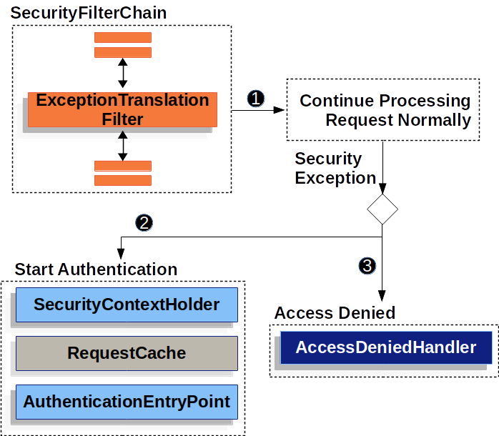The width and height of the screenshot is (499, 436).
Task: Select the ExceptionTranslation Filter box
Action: pos(122,109)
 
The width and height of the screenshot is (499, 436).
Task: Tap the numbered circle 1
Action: pos(255,99)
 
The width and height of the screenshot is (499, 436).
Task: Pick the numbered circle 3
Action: pos(367,266)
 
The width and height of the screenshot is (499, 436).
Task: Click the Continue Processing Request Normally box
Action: pos(383,110)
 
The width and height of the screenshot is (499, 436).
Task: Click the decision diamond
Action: pos(382,209)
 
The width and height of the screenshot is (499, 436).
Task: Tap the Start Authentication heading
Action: pos(96,269)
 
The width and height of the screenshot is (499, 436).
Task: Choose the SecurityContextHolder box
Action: pos(127,305)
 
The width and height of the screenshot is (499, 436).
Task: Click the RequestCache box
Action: pos(127,353)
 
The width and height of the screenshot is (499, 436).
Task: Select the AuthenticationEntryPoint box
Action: pos(127,402)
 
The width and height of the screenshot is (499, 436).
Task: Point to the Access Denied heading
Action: pos(335,313)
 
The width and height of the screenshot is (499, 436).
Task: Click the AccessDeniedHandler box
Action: pos(386,348)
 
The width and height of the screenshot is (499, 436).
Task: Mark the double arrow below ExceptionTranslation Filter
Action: pos(122,145)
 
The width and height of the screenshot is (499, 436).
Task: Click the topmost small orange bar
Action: pos(123,38)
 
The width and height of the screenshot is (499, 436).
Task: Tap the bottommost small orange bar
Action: pos(123,180)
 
